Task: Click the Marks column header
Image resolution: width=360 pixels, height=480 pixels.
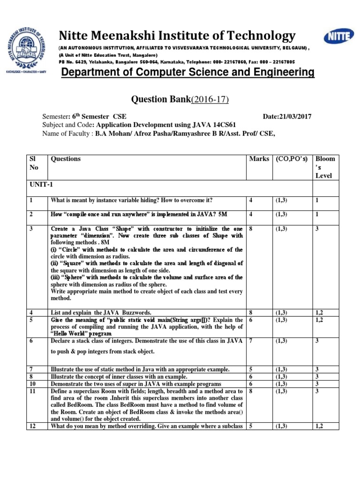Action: tap(259, 159)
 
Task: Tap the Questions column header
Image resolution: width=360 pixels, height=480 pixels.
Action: tap(66, 159)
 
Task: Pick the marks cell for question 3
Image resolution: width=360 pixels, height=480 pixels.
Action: tap(251, 229)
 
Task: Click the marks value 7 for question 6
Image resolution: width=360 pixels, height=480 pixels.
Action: tap(251, 341)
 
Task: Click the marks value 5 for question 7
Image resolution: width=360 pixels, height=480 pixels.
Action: tap(251, 370)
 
